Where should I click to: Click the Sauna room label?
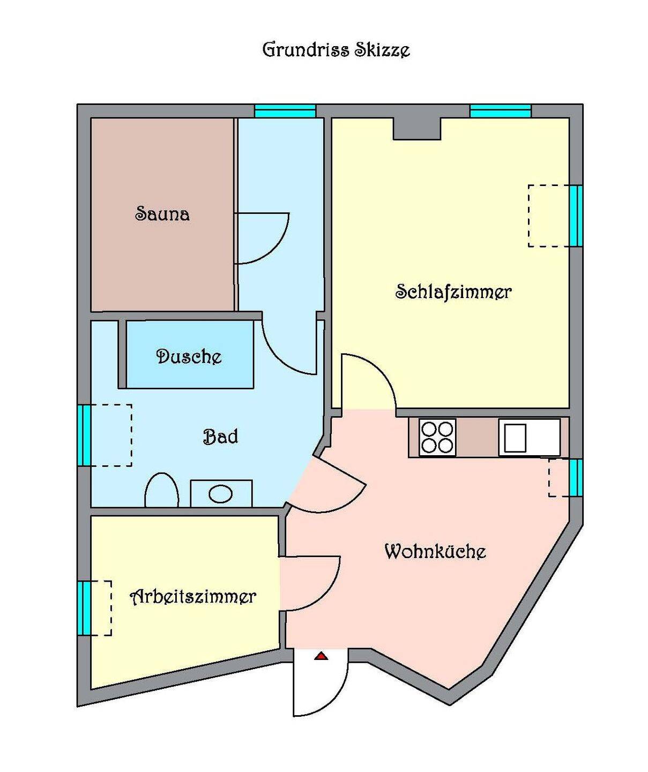click(162, 214)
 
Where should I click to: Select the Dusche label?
click(189, 357)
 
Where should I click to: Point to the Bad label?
click(220, 436)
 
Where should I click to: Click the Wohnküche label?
click(435, 552)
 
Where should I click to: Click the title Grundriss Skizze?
click(336, 49)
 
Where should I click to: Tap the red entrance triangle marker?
click(321, 656)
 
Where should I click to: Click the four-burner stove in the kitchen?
click(437, 438)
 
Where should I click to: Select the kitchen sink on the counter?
click(529, 438)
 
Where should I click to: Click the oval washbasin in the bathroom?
click(221, 494)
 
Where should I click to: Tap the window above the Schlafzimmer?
click(501, 111)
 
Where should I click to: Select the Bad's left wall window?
click(85, 435)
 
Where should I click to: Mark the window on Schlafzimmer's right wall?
click(576, 216)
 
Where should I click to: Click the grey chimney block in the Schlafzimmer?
click(416, 129)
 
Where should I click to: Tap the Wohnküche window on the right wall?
click(576, 478)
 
